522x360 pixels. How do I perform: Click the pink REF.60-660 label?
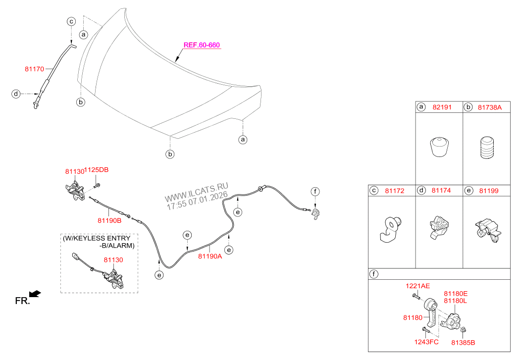202,45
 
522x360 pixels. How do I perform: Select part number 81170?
34,69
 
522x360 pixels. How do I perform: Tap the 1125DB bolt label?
96,170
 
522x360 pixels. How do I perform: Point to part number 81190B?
109,220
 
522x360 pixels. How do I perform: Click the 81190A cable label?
210,256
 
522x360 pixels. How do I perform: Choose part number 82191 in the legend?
442,107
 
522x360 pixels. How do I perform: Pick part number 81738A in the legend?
490,107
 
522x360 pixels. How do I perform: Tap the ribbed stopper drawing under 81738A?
487,148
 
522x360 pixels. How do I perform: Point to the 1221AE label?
418,286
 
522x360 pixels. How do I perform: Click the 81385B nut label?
463,342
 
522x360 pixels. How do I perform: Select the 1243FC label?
426,342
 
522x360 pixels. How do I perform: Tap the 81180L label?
456,301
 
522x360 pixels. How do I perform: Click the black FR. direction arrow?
35,294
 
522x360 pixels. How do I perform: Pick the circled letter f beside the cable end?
315,191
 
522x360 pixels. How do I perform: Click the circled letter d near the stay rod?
16,94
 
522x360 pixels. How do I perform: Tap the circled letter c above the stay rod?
71,22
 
